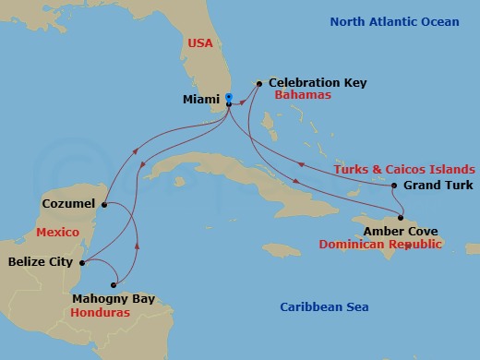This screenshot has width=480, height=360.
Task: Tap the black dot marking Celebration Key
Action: (259, 84)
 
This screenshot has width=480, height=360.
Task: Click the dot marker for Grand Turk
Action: (394, 186)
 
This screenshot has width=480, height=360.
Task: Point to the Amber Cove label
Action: (401, 231)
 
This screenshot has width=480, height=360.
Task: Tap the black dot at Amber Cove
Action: (400, 218)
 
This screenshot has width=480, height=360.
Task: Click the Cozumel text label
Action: (70, 202)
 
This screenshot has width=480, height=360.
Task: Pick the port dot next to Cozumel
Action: (104, 204)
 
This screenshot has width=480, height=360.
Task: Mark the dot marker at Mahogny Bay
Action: (114, 284)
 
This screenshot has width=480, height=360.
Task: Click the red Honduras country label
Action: (100, 313)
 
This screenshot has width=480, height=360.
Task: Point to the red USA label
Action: (201, 42)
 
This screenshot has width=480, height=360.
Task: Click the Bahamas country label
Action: (301, 96)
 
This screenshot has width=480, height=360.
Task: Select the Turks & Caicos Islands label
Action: (405, 169)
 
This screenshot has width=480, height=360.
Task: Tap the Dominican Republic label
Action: (381, 245)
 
